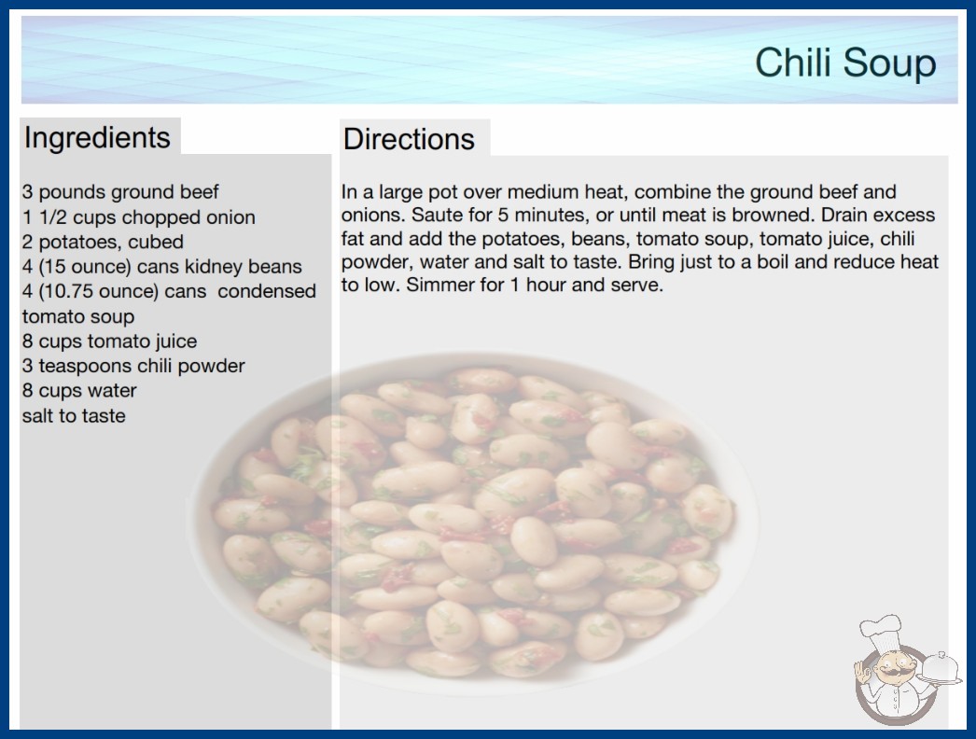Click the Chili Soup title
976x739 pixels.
[x=845, y=63]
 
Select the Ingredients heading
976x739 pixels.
[x=97, y=137]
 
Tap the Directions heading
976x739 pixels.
[x=409, y=139]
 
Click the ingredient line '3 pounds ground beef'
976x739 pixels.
[x=120, y=192]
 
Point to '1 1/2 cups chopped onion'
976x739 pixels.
[x=139, y=216]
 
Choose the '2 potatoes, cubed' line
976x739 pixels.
[x=103, y=242]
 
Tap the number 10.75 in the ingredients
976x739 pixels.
[x=63, y=291]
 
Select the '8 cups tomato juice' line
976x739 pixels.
[x=109, y=342]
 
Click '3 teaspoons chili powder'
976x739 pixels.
[x=133, y=366]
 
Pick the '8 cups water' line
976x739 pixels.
[x=79, y=390]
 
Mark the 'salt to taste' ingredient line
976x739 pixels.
[x=74, y=415]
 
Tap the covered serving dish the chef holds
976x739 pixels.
[x=941, y=668]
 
